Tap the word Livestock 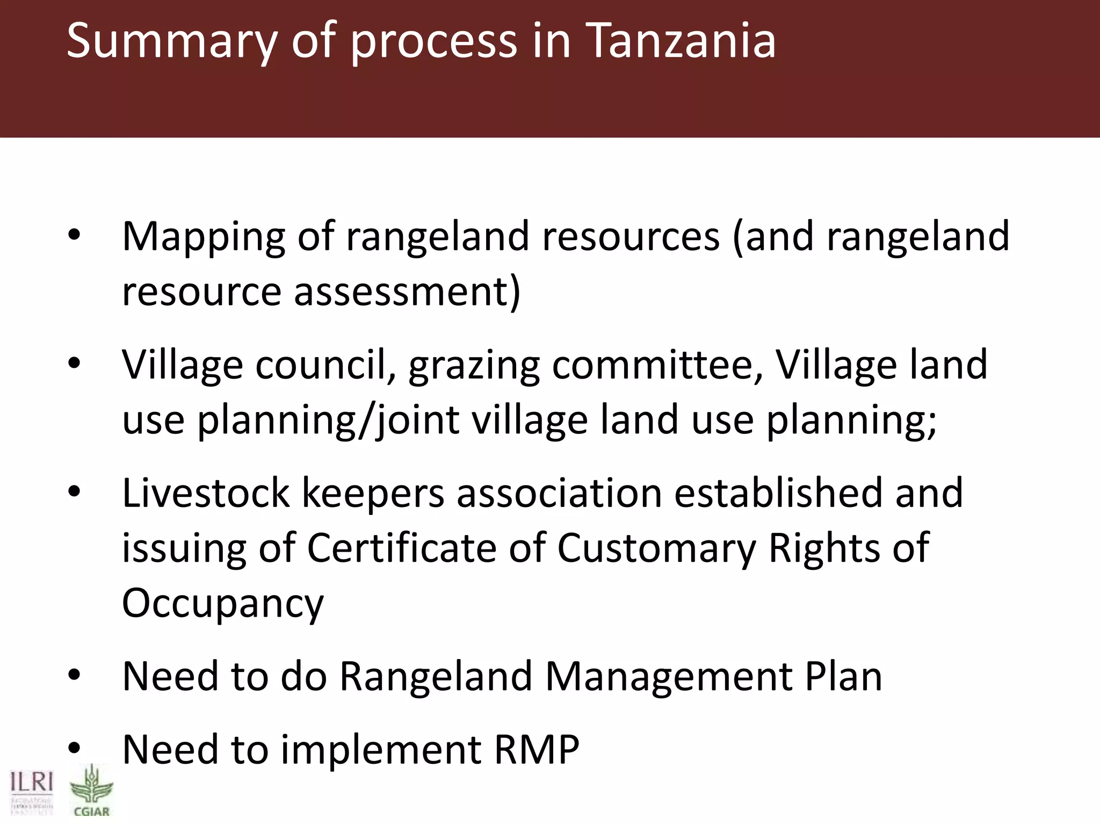tap(206, 493)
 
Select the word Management tap(669, 677)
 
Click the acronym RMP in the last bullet tap(537, 750)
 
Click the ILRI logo tap(32, 791)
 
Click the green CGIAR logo tap(91, 791)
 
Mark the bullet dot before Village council tap(74, 364)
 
